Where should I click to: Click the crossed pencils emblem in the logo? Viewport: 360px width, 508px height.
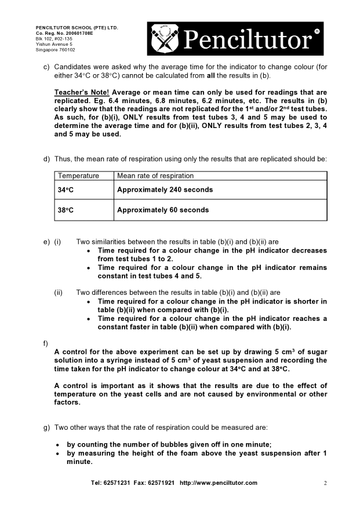(166, 39)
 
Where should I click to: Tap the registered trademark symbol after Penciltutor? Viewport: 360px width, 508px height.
(317, 31)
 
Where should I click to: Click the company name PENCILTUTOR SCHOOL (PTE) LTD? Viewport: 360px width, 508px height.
(77, 28)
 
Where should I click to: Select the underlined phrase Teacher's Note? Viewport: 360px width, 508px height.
(82, 92)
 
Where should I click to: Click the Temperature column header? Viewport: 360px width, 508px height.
(78, 176)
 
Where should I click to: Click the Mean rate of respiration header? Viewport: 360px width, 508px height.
(155, 176)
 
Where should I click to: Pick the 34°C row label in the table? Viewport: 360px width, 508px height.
(65, 190)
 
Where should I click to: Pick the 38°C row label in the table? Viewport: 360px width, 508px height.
(65, 210)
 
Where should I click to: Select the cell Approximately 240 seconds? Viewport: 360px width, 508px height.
(165, 190)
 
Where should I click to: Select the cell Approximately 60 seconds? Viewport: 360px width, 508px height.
(163, 210)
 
